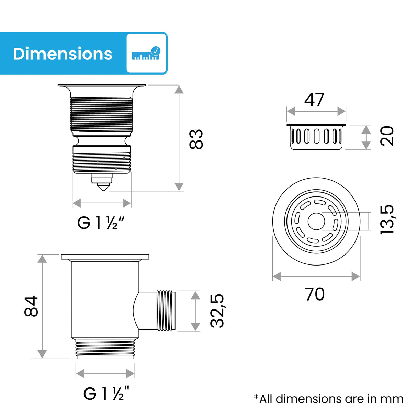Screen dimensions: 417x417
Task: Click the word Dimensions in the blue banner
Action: (63, 54)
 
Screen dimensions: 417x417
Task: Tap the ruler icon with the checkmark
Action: (146, 53)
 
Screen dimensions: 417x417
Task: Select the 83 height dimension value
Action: (196, 139)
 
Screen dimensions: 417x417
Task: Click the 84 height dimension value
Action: (31, 306)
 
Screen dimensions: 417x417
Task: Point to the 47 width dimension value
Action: (314, 100)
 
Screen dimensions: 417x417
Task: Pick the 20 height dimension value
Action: (387, 136)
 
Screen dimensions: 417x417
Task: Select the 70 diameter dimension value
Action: (315, 294)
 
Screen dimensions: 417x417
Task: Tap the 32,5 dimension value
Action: (217, 311)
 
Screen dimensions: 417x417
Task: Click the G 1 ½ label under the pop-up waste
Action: (100, 223)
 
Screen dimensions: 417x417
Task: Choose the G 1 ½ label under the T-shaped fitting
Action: (106, 393)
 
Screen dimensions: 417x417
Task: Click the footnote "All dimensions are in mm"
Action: (329, 399)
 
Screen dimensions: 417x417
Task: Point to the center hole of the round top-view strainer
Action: (316, 221)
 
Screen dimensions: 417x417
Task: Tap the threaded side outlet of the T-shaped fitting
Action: (166, 311)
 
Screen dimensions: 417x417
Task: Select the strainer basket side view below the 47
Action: (316, 137)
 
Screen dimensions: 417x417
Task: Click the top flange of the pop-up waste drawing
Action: (102, 86)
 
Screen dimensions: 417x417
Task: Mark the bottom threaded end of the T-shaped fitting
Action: (105, 349)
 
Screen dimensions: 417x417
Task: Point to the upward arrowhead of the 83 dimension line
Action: (179, 89)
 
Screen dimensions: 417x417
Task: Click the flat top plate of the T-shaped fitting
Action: (105, 257)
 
